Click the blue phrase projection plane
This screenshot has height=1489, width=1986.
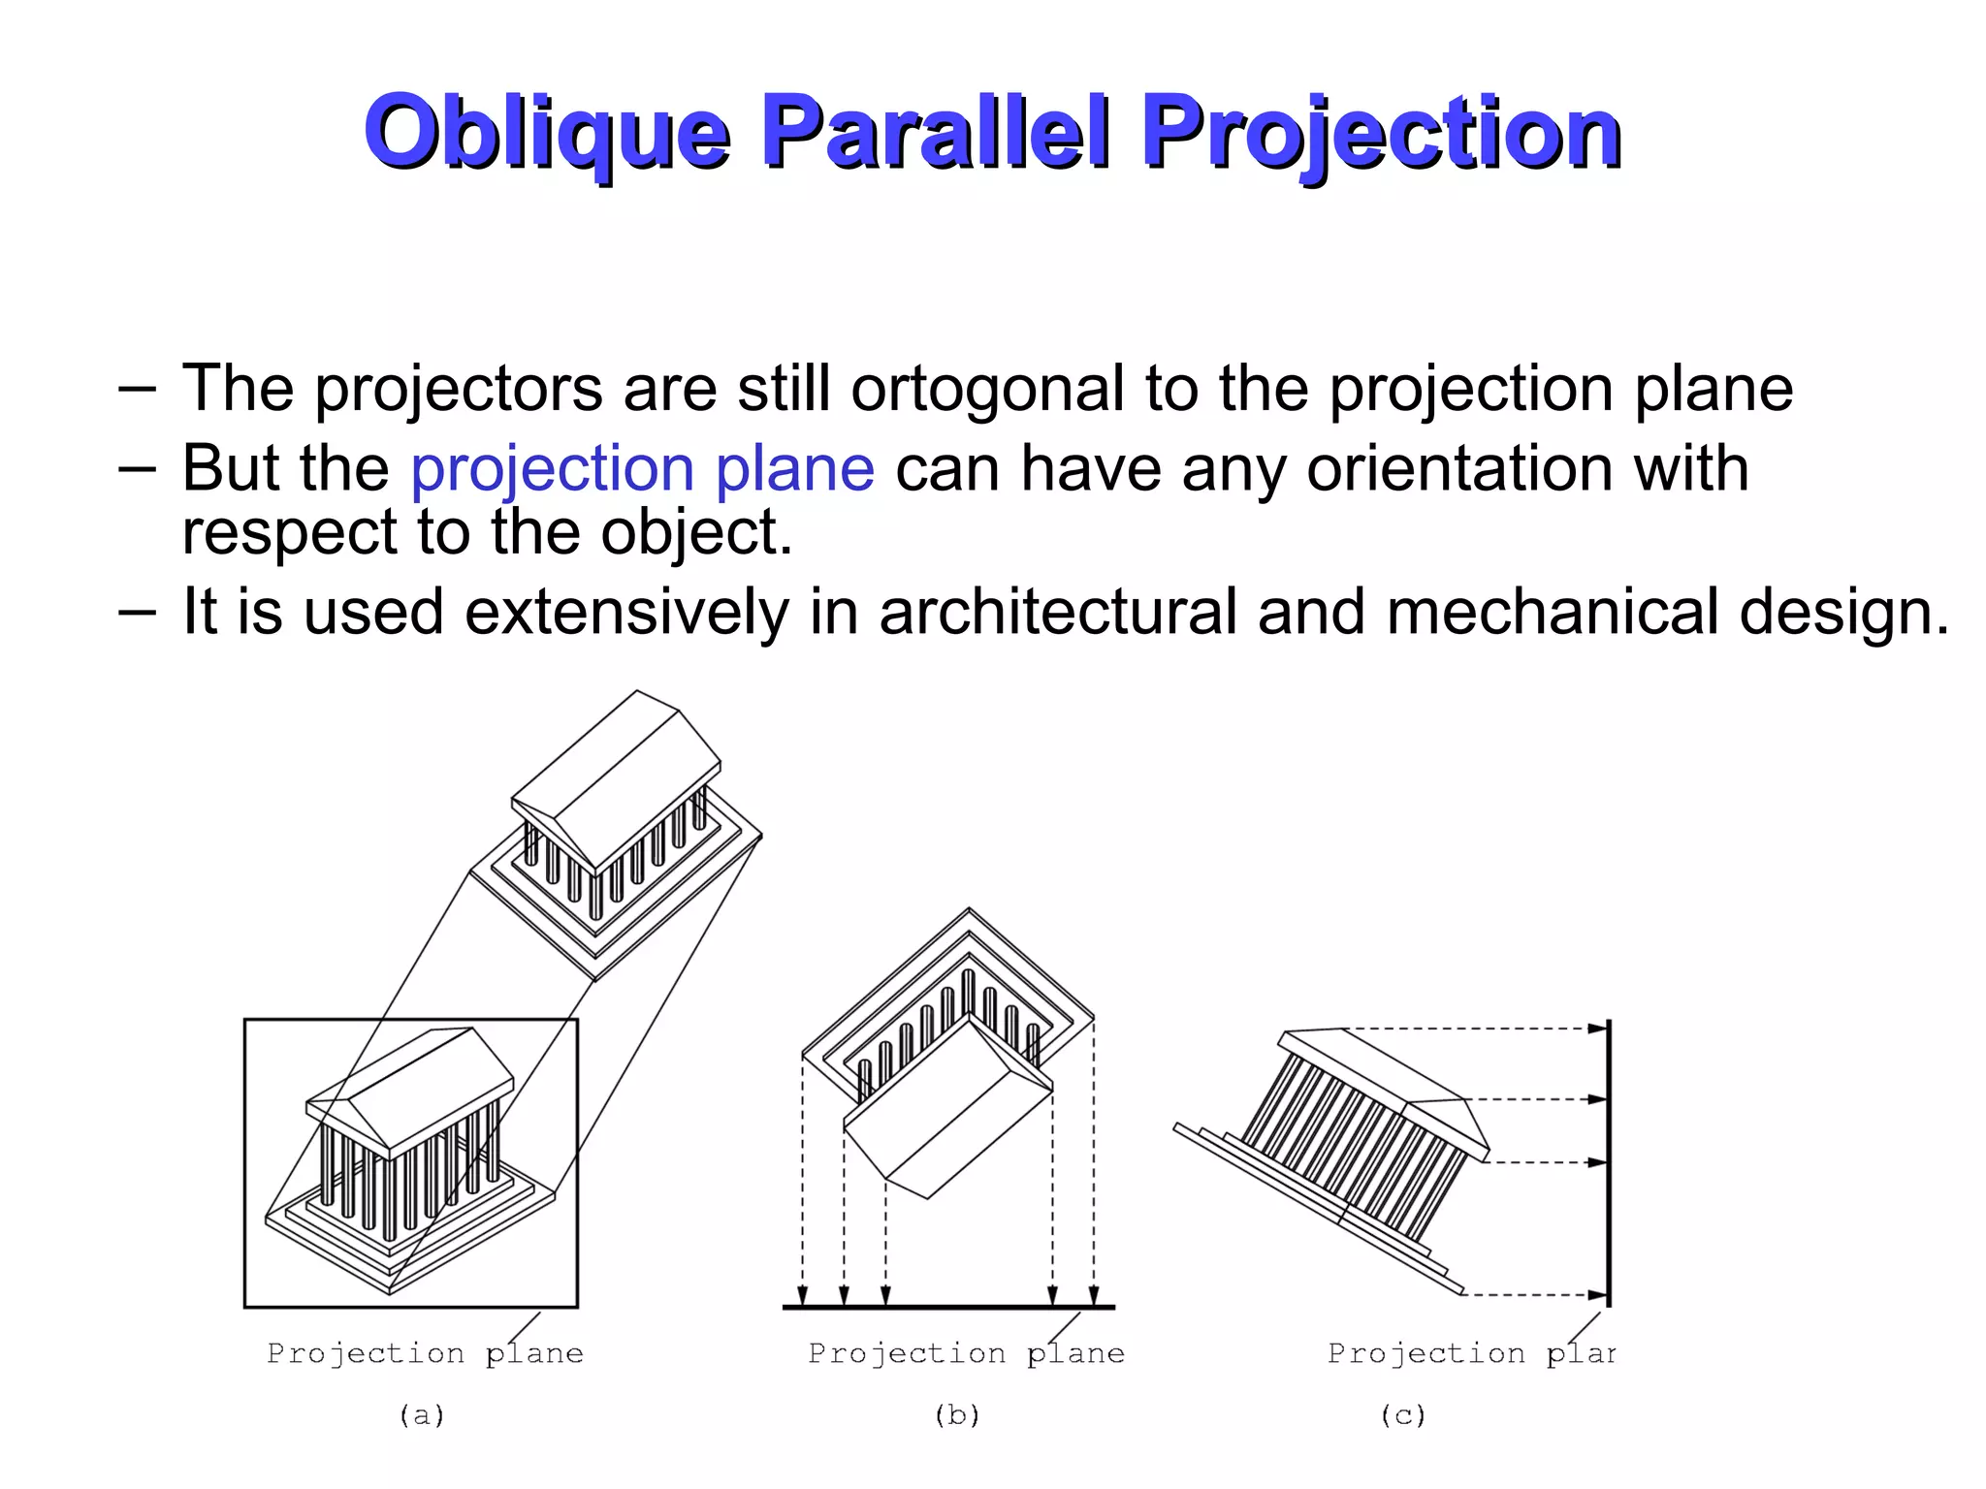(642, 468)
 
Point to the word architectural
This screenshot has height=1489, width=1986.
(1057, 612)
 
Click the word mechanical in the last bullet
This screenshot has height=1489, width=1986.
(1552, 612)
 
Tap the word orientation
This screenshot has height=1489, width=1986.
(1527, 468)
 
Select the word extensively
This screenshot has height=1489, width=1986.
(626, 612)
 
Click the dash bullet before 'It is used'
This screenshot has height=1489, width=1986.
(137, 612)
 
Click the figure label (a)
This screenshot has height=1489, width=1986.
(422, 1415)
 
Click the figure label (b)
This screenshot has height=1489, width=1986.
(957, 1415)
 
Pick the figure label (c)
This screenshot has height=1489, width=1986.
(1403, 1415)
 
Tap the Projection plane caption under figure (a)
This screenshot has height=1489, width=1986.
(425, 1353)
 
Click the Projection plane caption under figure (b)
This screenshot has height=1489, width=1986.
(966, 1353)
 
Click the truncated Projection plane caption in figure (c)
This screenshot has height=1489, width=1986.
(1470, 1353)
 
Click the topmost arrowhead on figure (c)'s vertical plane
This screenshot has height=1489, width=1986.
(1596, 1030)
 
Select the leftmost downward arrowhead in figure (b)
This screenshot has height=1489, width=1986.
(802, 1295)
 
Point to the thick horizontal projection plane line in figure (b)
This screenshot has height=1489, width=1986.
(948, 1308)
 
